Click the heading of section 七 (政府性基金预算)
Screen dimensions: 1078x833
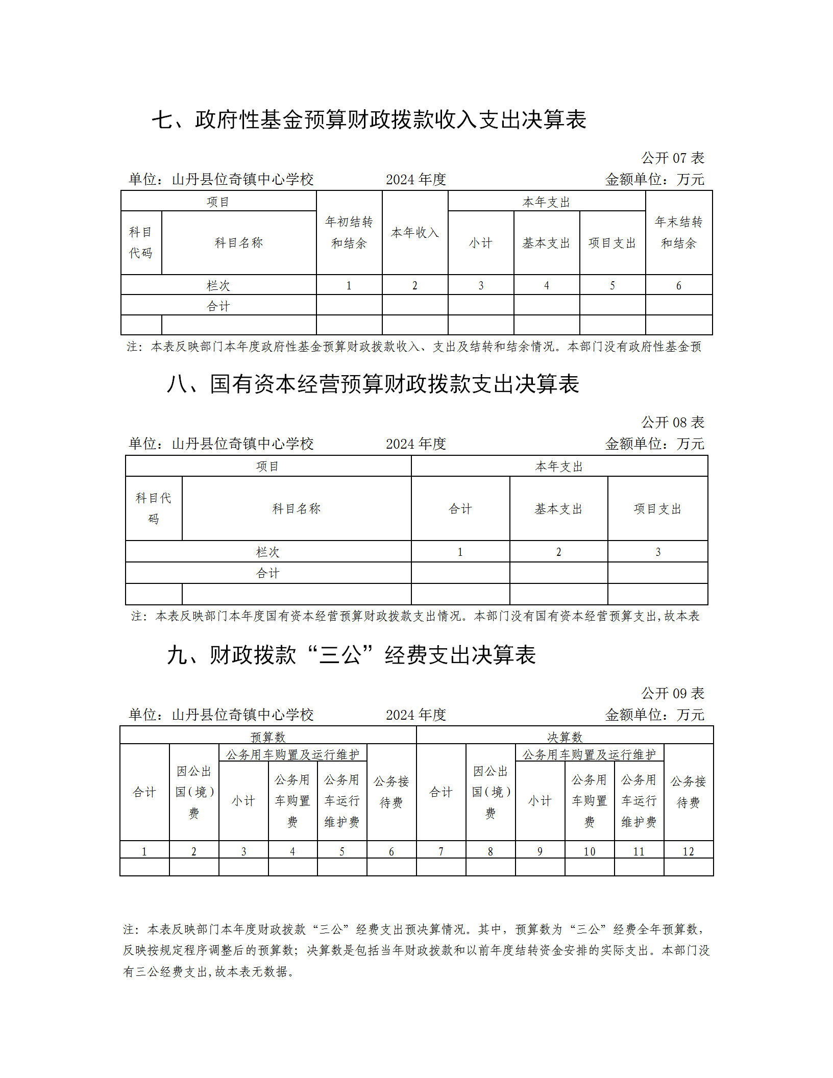click(369, 120)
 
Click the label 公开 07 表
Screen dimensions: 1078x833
click(672, 158)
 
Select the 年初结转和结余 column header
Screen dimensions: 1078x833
click(349, 233)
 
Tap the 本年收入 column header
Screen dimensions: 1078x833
click(415, 233)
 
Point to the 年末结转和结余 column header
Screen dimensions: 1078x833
click(678, 233)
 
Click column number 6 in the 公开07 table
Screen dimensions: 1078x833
click(678, 286)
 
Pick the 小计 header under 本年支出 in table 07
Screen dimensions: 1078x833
click(481, 243)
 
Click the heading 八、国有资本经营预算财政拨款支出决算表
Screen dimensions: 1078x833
click(373, 384)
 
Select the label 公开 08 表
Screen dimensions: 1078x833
click(672, 423)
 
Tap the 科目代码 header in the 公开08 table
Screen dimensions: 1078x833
click(154, 508)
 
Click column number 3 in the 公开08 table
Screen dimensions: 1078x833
click(657, 552)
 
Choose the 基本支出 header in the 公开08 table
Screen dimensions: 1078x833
click(558, 509)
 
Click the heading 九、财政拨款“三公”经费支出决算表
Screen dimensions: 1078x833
click(351, 655)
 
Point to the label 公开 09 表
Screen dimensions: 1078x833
click(672, 694)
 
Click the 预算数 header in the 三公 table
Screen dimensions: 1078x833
click(268, 737)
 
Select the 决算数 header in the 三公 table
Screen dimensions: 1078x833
click(565, 737)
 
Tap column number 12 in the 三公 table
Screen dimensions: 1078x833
click(688, 851)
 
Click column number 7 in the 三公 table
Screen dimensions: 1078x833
click(441, 851)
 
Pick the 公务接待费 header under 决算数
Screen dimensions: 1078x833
click(688, 792)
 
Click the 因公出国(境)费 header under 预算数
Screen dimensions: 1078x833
click(194, 792)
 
